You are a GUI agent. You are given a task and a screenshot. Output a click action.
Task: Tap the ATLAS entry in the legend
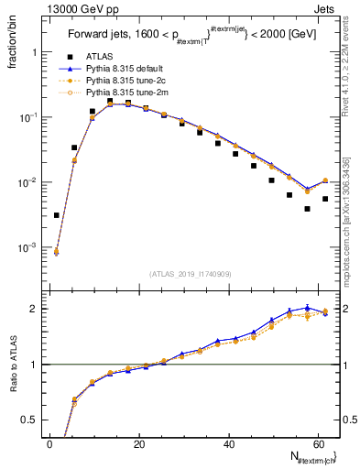[x=101, y=57]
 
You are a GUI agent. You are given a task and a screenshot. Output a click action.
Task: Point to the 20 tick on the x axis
[x=139, y=443]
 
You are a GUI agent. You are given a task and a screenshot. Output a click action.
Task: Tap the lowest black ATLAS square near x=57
[x=307, y=209]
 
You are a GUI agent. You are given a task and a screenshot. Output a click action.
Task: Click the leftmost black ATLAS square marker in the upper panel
[x=57, y=215]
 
